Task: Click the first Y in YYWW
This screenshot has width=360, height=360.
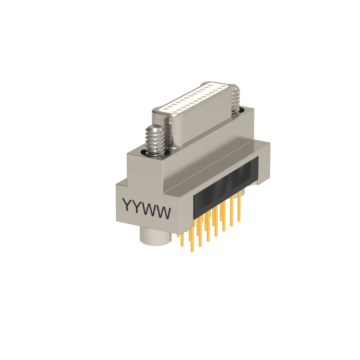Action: [x=128, y=204]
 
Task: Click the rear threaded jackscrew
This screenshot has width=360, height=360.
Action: [x=235, y=99]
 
